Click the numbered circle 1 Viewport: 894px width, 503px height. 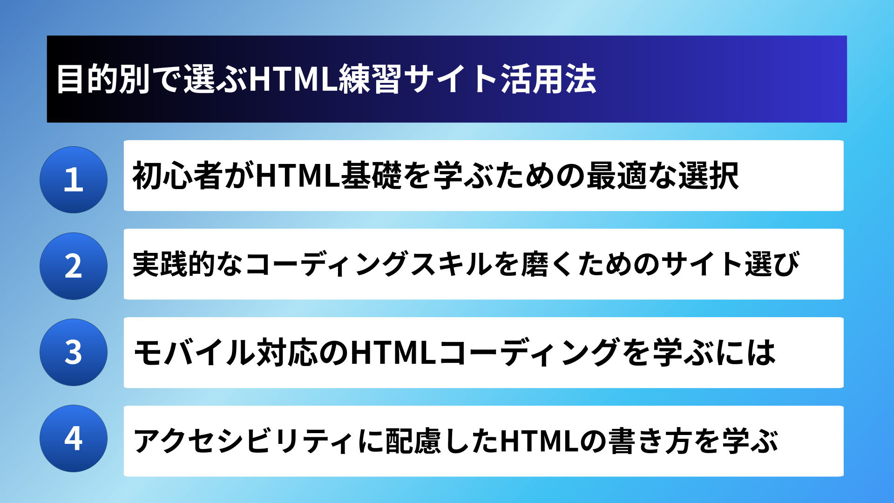(74, 180)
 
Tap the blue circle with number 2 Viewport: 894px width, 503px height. (74, 266)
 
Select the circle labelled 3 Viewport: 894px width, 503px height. (74, 352)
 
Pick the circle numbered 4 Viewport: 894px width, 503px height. (74, 438)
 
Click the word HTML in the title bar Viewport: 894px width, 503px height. (293, 79)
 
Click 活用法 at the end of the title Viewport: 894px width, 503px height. (549, 79)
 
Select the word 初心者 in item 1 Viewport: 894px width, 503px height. (177, 176)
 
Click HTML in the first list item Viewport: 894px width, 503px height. (298, 176)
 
